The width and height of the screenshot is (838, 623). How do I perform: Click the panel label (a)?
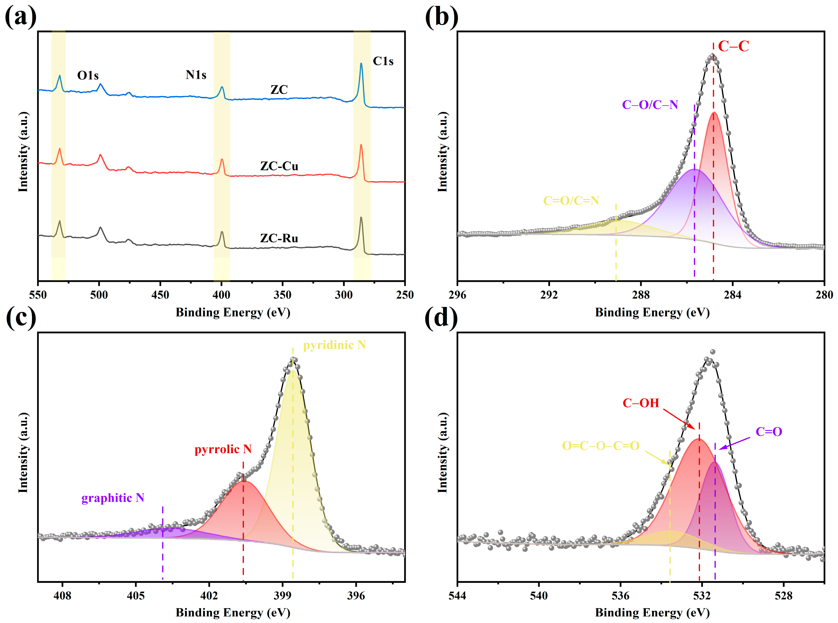[20, 17]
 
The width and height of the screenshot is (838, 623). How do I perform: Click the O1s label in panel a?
[88, 75]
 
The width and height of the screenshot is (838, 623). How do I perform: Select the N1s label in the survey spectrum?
[196, 75]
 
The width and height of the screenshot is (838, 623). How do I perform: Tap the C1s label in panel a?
[383, 61]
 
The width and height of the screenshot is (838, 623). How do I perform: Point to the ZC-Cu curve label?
[279, 166]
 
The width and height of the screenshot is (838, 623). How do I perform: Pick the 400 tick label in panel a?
[221, 295]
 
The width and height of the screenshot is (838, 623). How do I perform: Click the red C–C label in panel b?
[733, 46]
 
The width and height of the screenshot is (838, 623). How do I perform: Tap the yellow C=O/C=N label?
[571, 201]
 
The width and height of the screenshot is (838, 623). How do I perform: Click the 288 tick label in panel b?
[641, 295]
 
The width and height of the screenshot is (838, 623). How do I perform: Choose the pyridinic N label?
[334, 345]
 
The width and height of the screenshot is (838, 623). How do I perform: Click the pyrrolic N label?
[223, 449]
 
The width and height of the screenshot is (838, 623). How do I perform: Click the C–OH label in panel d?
[640, 403]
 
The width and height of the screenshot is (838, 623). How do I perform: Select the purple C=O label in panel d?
[769, 431]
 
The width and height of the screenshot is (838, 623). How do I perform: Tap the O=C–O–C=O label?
[600, 446]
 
